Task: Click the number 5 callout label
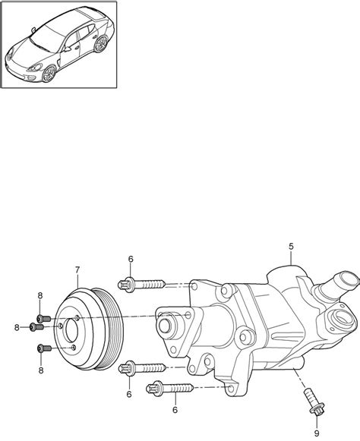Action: click(x=291, y=247)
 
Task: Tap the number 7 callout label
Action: click(x=77, y=270)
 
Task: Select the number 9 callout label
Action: click(x=317, y=433)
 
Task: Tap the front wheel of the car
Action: click(x=49, y=74)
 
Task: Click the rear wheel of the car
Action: click(x=101, y=44)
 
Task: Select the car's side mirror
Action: click(x=68, y=49)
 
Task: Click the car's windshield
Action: click(x=46, y=39)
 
